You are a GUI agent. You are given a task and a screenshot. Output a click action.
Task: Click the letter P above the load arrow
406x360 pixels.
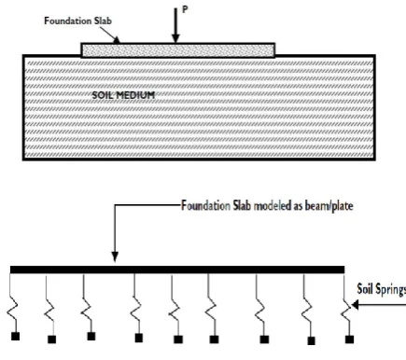(185, 9)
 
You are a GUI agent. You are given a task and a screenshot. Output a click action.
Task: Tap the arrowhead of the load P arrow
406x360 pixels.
(175, 38)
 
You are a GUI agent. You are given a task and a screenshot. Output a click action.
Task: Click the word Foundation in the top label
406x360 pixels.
(64, 21)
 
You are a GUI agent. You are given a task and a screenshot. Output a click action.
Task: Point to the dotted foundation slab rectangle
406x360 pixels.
(178, 50)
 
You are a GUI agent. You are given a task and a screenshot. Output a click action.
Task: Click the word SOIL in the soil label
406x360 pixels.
(102, 95)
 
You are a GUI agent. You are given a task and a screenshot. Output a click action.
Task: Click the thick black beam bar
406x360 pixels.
(177, 270)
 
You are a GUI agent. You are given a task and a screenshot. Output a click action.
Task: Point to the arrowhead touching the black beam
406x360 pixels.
(115, 257)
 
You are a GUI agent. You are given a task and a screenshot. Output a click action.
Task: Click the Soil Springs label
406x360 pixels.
(382, 289)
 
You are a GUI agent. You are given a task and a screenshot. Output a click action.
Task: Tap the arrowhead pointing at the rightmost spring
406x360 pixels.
(355, 305)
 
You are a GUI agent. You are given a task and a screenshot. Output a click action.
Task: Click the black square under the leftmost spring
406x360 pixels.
(15, 336)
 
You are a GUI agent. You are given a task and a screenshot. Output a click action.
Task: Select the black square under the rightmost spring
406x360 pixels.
(349, 339)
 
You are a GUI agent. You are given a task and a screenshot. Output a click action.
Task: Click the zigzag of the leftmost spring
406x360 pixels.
(12, 310)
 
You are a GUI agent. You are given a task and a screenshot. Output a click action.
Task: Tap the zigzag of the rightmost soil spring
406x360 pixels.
(346, 310)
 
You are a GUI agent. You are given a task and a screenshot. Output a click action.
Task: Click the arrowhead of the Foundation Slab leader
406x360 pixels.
(117, 40)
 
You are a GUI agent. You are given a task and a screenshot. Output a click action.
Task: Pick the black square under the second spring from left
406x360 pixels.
(52, 339)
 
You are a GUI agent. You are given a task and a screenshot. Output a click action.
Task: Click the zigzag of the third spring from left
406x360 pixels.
(86, 310)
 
